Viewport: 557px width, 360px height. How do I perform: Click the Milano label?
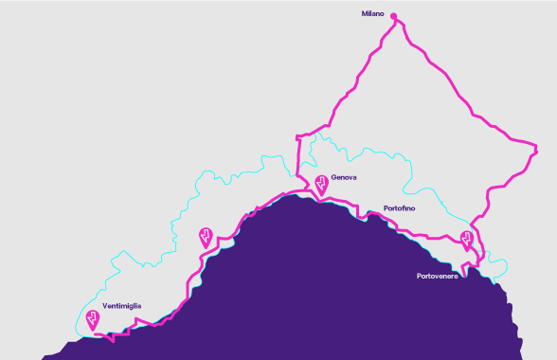pyautogui.click(x=375, y=14)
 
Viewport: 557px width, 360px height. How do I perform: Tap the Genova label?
pyautogui.click(x=343, y=176)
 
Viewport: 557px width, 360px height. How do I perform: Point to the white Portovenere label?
pyautogui.click(x=437, y=276)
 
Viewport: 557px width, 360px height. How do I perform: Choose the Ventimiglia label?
pyautogui.click(x=122, y=305)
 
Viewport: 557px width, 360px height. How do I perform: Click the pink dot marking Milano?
pyautogui.click(x=394, y=15)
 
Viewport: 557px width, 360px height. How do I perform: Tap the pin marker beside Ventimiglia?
pyautogui.click(x=93, y=319)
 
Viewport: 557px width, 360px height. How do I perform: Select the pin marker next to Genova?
pyautogui.click(x=321, y=183)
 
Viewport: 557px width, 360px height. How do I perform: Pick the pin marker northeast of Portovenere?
pyautogui.click(x=466, y=239)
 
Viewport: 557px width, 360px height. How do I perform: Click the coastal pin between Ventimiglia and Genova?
pyautogui.click(x=206, y=236)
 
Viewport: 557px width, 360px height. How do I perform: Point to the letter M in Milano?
pyautogui.click(x=365, y=14)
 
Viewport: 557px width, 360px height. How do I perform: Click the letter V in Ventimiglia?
pyautogui.click(x=105, y=305)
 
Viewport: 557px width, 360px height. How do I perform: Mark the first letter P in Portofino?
pyautogui.click(x=386, y=207)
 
